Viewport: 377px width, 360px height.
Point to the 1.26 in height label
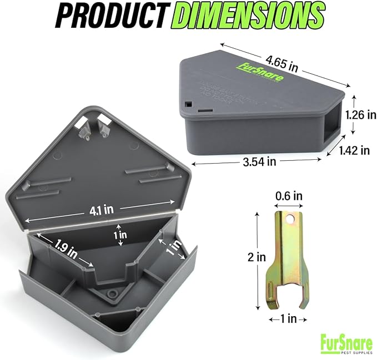point(361,115)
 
